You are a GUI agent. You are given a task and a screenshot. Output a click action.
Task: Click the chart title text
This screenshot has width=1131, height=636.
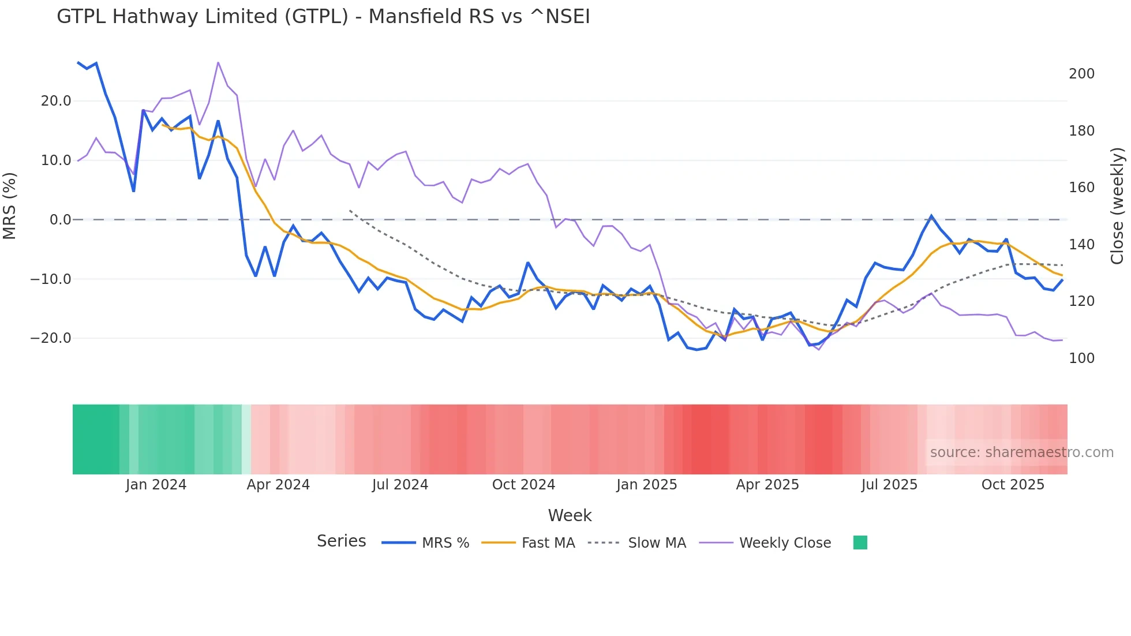pyautogui.click(x=323, y=17)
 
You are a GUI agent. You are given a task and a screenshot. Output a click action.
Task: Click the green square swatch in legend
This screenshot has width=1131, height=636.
pyautogui.click(x=860, y=543)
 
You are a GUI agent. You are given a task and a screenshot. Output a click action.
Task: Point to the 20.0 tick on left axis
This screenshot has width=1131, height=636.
pyautogui.click(x=56, y=101)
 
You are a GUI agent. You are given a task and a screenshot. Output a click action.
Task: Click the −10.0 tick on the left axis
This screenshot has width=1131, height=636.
pyautogui.click(x=51, y=279)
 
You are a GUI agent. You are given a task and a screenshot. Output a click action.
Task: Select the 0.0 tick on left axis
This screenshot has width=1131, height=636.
pyautogui.click(x=61, y=220)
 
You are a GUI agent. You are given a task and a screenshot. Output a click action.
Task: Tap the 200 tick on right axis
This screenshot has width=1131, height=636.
pyautogui.click(x=1081, y=74)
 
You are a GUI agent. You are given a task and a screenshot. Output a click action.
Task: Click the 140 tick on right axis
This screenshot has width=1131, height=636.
pyautogui.click(x=1081, y=245)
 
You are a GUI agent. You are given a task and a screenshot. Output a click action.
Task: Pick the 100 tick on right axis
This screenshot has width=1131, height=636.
pyautogui.click(x=1081, y=358)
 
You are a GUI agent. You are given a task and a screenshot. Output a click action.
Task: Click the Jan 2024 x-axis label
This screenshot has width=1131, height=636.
pyautogui.click(x=156, y=485)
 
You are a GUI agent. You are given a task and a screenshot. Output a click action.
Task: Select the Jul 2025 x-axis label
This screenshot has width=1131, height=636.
pyautogui.click(x=889, y=485)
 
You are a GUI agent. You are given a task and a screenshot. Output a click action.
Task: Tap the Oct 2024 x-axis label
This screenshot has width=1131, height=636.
pyautogui.click(x=523, y=485)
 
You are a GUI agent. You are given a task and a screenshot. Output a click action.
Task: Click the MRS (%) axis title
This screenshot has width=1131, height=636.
pyautogui.click(x=10, y=205)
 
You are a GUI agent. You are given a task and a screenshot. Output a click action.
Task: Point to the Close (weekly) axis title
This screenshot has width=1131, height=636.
pyautogui.click(x=1118, y=205)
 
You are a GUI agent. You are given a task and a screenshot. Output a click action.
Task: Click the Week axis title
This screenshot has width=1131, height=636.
pyautogui.click(x=570, y=515)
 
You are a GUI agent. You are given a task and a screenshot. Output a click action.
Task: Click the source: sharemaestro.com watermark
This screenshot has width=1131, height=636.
pyautogui.click(x=1021, y=452)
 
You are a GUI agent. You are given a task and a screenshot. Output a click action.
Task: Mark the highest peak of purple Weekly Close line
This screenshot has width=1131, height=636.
pyautogui.click(x=218, y=62)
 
